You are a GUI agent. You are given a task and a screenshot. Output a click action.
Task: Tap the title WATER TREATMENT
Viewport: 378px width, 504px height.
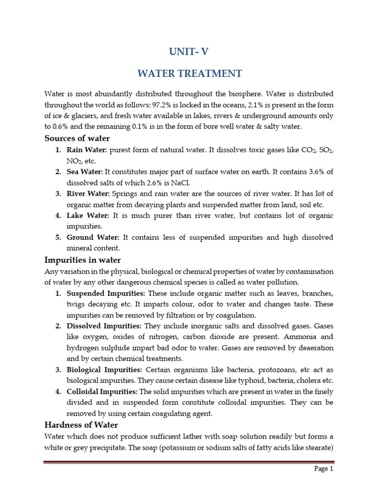[x=189, y=73]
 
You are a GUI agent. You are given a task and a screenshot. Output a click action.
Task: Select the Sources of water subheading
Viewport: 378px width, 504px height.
[x=77, y=138]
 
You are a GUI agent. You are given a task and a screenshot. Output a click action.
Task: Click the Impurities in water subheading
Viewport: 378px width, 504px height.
[x=83, y=260]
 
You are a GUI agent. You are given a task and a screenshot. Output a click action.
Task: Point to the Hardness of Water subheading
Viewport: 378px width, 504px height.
[x=81, y=424]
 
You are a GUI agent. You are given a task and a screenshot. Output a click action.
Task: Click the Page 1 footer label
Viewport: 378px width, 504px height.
[x=324, y=469]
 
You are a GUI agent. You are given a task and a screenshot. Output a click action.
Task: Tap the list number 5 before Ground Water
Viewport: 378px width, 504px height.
[x=58, y=237]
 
